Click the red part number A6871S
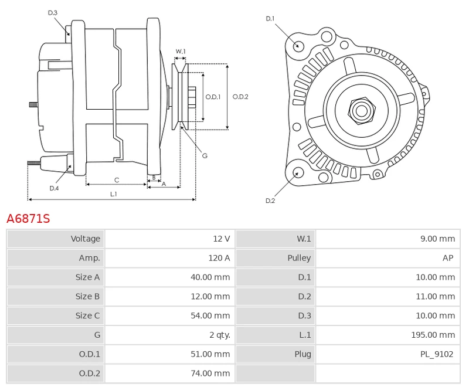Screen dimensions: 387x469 click(x=28, y=219)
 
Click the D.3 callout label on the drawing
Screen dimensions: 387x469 click(x=53, y=12)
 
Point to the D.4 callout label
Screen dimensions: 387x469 click(x=54, y=188)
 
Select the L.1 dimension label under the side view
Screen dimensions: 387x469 click(x=113, y=194)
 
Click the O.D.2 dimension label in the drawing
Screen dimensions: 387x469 click(x=240, y=97)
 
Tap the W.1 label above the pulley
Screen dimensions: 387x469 click(x=181, y=52)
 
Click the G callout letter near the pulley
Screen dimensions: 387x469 click(x=205, y=155)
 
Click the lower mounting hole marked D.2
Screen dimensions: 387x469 click(x=298, y=172)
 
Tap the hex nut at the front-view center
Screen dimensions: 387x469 click(x=361, y=110)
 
